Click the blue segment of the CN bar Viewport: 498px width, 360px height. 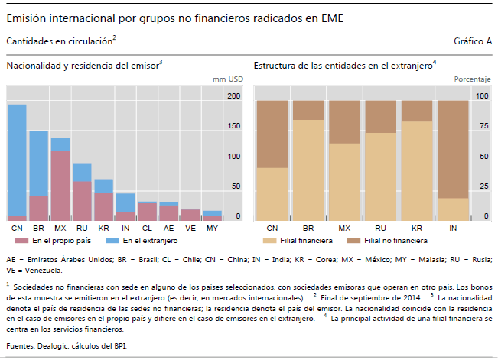(17, 161)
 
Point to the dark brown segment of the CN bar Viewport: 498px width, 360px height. (272, 134)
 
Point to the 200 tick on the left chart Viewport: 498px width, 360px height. (233, 96)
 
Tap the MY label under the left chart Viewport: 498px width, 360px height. (212, 229)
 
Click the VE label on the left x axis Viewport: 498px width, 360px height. (190, 229)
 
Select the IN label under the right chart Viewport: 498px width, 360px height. (453, 229)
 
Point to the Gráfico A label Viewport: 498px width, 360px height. (473, 41)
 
